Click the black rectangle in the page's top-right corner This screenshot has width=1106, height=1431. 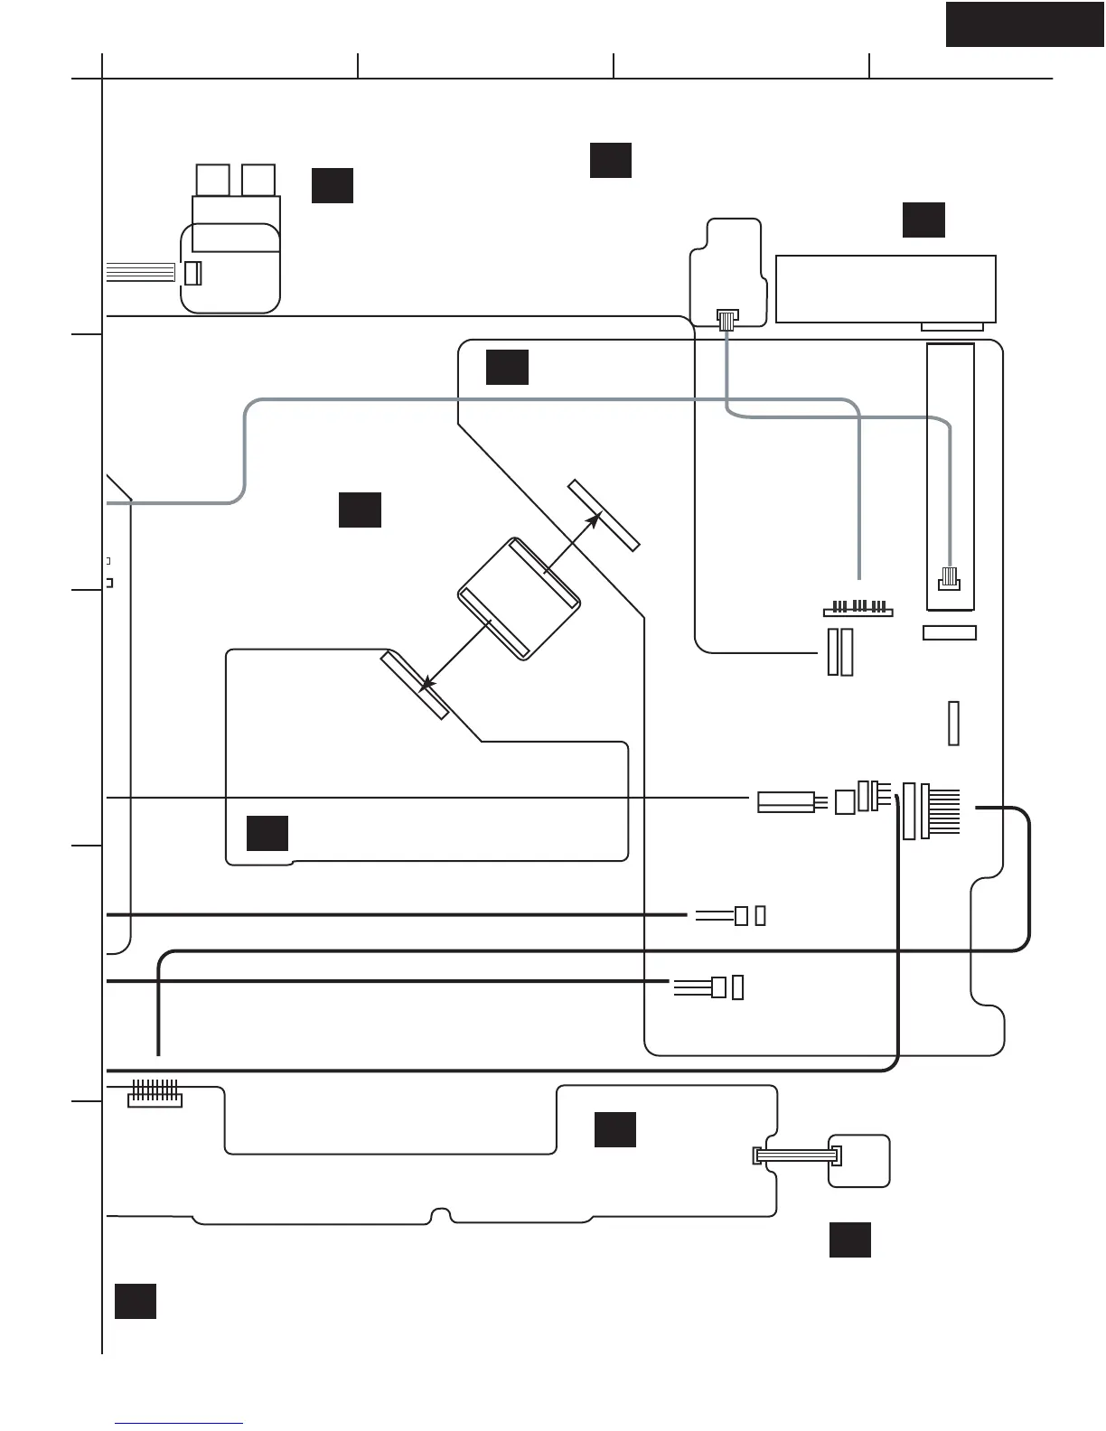pyautogui.click(x=1025, y=23)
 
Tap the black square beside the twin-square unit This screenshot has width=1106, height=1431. pyautogui.click(x=332, y=185)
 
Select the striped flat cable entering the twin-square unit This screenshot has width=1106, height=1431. pyautogui.click(x=141, y=271)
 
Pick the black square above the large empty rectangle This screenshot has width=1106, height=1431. pyautogui.click(x=923, y=220)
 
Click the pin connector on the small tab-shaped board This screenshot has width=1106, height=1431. pyautogui.click(x=726, y=318)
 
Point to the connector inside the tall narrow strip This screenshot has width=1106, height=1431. pyautogui.click(x=950, y=578)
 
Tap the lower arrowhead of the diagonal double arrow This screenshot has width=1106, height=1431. pyautogui.click(x=427, y=685)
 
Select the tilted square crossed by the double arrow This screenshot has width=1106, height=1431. pyautogui.click(x=519, y=598)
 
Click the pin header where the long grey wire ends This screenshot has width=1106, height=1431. pyautogui.click(x=858, y=608)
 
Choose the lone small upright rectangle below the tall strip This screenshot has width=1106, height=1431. pyautogui.click(x=953, y=723)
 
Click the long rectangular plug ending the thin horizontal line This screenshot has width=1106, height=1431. pyautogui.click(x=786, y=801)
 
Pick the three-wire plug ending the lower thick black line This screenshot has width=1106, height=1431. pyautogui.click(x=718, y=987)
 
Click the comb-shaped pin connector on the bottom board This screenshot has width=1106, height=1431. pyautogui.click(x=155, y=1094)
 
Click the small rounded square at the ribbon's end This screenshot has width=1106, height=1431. pyautogui.click(x=860, y=1161)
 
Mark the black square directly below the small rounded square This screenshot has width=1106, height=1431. pyautogui.click(x=850, y=1239)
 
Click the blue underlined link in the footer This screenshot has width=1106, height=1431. pyautogui.click(x=179, y=1423)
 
